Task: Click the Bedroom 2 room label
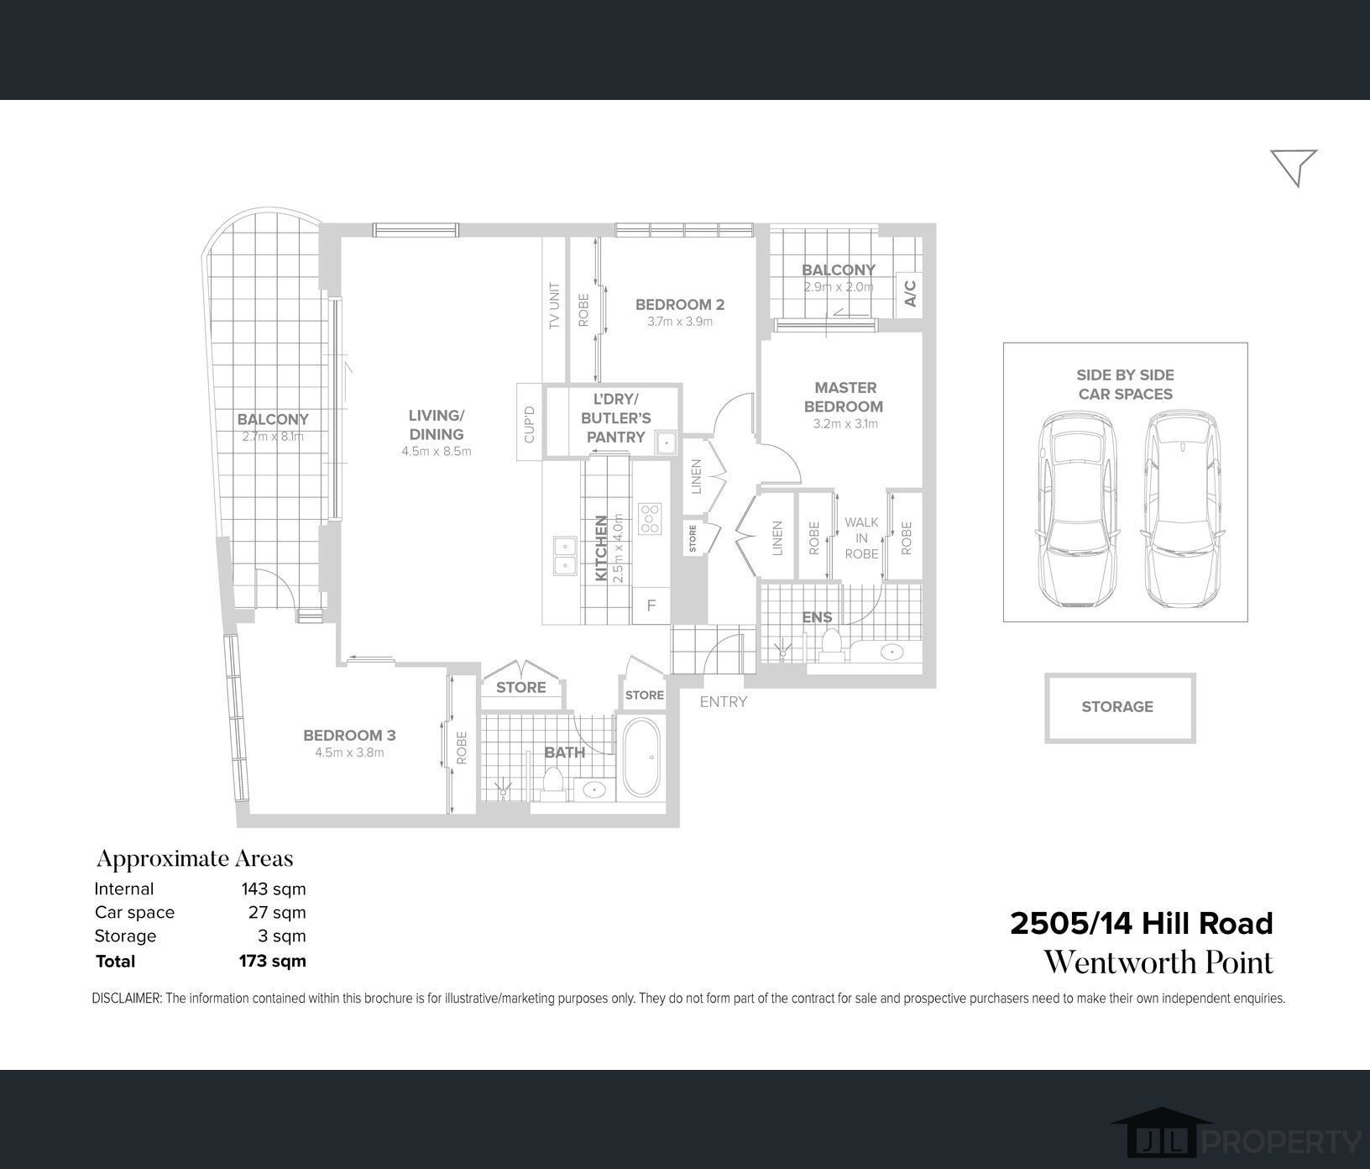[x=679, y=305]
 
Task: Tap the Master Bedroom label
[x=844, y=397]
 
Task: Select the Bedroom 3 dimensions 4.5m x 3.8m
[x=349, y=752]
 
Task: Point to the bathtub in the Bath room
[x=642, y=759]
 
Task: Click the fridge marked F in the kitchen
[x=651, y=605]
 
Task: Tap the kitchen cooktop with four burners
[x=650, y=519]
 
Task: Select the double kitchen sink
[x=564, y=555]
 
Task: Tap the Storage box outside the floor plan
[x=1120, y=708]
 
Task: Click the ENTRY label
[x=723, y=702]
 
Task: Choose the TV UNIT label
[x=554, y=305]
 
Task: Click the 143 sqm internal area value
[x=274, y=889]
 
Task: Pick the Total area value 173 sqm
[x=273, y=961]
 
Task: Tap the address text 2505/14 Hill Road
[x=1142, y=924]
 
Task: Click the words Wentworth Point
[x=1158, y=962]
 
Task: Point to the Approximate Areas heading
[x=195, y=858]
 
